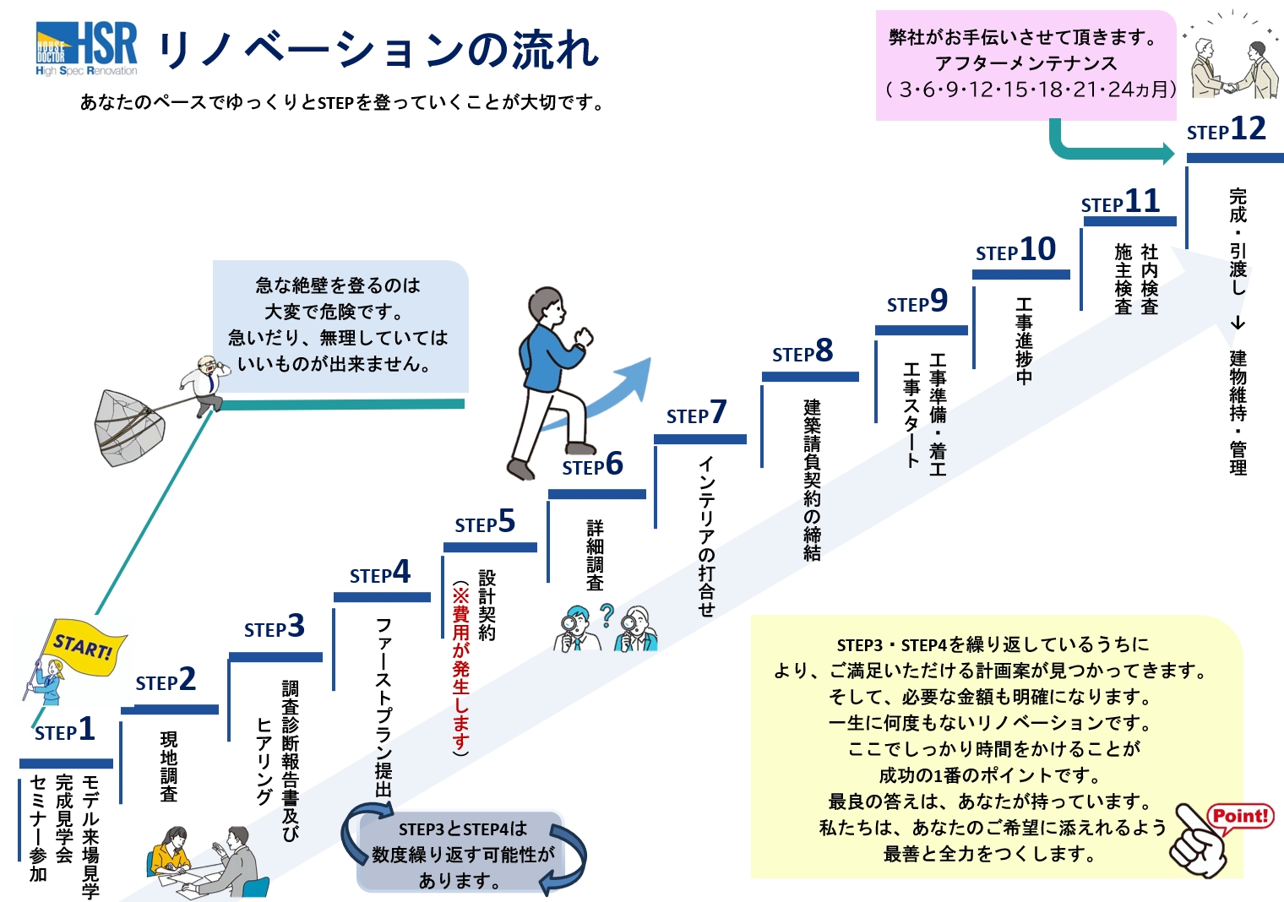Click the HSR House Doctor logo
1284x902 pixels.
tap(86, 49)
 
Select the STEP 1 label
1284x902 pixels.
tap(65, 730)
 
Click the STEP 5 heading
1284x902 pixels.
tap(485, 523)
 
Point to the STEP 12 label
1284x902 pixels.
tap(1226, 130)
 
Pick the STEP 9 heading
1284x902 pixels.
tap(917, 302)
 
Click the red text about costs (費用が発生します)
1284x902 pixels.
tap(460, 667)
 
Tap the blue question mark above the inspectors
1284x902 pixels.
tap(607, 615)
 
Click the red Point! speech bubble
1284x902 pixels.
tap(1240, 817)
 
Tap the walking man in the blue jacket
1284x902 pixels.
tap(549, 380)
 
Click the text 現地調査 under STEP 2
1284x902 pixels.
tap(169, 767)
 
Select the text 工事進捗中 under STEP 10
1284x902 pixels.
tap(1024, 340)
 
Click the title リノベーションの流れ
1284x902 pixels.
tap(378, 52)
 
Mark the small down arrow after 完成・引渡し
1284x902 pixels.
tap(1238, 323)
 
